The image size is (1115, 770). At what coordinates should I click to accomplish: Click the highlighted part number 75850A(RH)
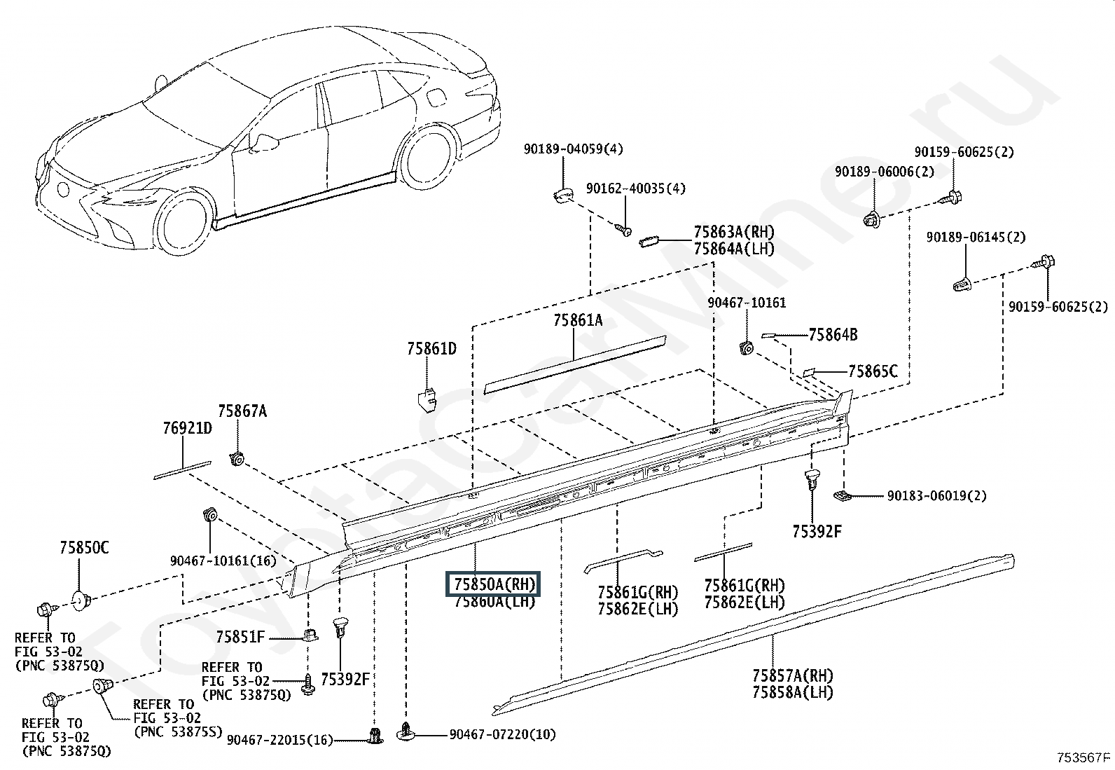click(494, 584)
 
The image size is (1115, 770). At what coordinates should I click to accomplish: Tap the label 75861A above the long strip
click(577, 320)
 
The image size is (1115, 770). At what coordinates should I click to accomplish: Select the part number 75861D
click(431, 349)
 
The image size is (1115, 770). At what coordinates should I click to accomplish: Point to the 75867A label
click(242, 411)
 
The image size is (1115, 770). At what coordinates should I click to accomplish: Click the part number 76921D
click(187, 428)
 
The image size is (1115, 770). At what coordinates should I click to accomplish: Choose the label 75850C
click(83, 548)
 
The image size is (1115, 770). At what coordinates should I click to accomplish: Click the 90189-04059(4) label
click(573, 149)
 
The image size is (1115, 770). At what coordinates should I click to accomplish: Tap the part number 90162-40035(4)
click(636, 188)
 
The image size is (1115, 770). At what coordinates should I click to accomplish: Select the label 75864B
click(833, 335)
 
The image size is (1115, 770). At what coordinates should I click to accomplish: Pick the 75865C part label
click(873, 371)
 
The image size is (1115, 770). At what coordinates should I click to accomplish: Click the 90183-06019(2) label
click(936, 495)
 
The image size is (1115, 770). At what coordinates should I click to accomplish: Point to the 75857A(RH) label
click(792, 675)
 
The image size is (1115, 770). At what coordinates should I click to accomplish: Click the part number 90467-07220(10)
click(502, 734)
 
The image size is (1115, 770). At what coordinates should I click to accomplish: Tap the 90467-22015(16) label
click(279, 740)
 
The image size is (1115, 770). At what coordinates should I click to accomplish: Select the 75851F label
click(240, 636)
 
